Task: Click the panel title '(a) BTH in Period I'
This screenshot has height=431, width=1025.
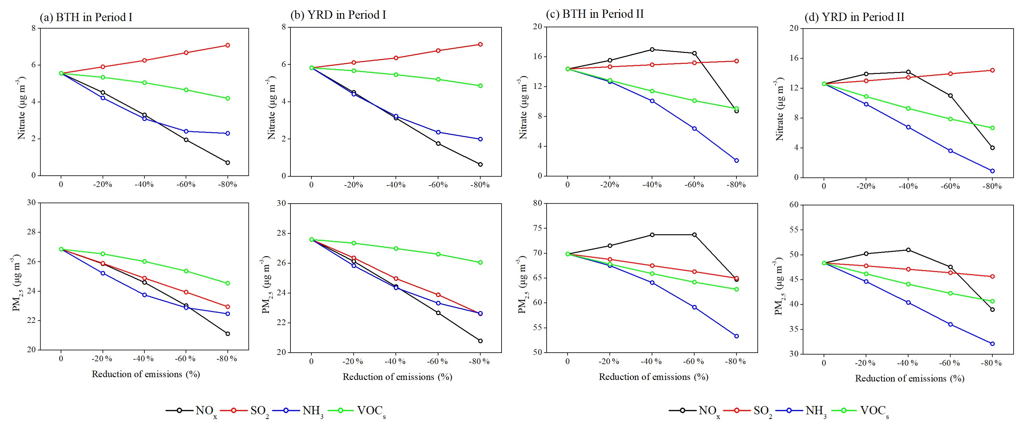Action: click(86, 17)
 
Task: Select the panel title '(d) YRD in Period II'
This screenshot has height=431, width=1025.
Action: click(854, 17)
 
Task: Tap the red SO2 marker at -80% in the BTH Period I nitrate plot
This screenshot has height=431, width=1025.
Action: click(228, 45)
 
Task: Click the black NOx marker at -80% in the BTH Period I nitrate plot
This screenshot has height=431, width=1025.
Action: click(228, 163)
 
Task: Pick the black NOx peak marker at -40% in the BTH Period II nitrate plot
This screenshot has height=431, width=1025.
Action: click(652, 50)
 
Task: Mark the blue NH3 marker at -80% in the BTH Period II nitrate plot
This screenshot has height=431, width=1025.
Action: click(736, 160)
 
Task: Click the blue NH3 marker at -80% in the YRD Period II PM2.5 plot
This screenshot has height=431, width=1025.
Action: click(992, 343)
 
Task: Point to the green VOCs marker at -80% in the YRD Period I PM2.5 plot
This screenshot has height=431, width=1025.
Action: click(480, 262)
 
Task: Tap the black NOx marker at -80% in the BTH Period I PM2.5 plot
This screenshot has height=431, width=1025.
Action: click(228, 334)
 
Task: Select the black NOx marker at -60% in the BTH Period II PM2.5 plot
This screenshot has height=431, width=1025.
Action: click(694, 235)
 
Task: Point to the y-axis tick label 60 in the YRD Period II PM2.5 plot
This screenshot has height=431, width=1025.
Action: click(794, 205)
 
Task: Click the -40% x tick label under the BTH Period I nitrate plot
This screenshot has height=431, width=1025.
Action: click(144, 185)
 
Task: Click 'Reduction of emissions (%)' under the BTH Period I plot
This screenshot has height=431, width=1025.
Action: click(146, 374)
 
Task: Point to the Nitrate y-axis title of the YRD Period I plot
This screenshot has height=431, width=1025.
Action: click(271, 107)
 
